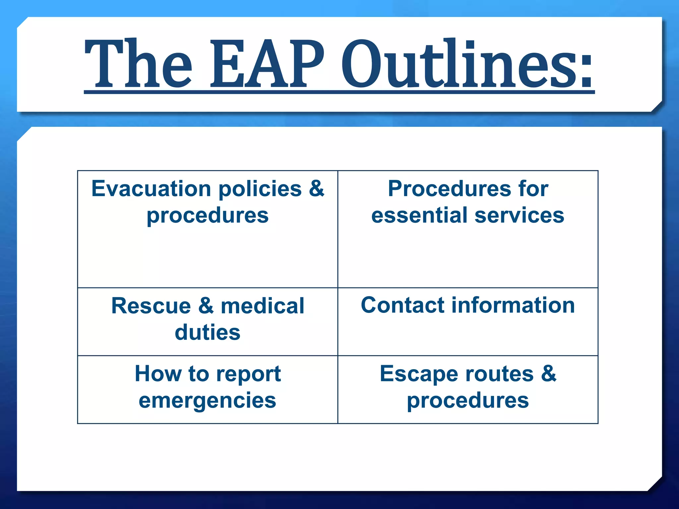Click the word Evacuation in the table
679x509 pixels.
point(151,189)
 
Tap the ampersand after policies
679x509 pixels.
point(316,189)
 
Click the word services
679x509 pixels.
point(519,215)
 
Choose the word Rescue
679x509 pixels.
point(151,306)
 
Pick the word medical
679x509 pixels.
point(262,306)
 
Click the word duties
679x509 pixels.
point(208,332)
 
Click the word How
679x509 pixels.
point(158,374)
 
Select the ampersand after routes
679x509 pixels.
point(549,373)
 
